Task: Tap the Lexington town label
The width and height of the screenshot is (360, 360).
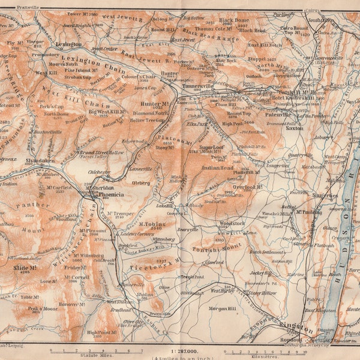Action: [68, 44]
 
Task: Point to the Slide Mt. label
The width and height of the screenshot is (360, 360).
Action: [25, 267]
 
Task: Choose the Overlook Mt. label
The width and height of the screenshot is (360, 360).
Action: [248, 186]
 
